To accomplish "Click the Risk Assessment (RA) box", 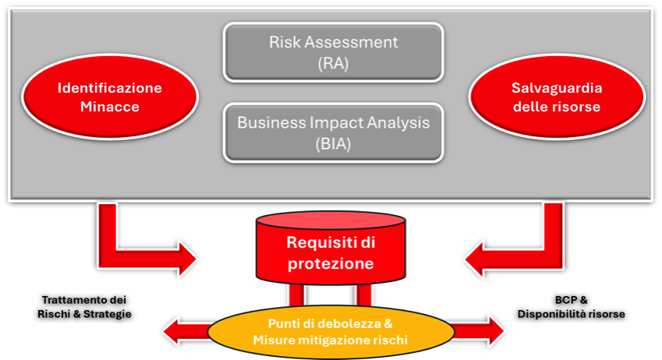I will [x=333, y=52].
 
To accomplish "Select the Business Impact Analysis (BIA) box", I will [x=333, y=132].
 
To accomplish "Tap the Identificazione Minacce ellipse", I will [x=109, y=97].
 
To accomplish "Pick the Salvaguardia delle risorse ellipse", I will [x=557, y=97].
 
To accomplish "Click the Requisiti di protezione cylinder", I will [x=331, y=252].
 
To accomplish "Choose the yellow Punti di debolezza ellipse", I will [x=331, y=330].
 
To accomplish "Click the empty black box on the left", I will [x=84, y=306].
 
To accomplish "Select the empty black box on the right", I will [x=572, y=306].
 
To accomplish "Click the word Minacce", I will [x=109, y=107].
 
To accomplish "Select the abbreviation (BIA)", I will [x=333, y=143].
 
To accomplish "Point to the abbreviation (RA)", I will [x=333, y=64].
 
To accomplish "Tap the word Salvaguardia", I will [x=557, y=88].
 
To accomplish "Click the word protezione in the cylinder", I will [x=331, y=263].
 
